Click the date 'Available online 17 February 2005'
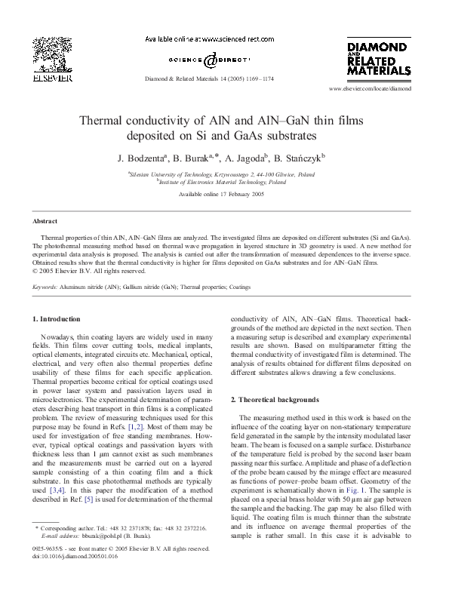[224, 195]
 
